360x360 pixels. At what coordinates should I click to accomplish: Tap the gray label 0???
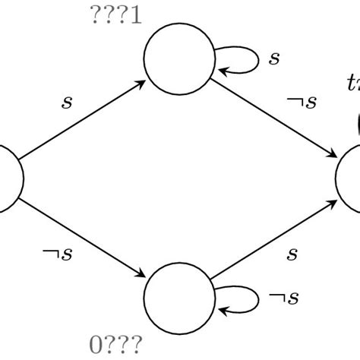tap(115, 346)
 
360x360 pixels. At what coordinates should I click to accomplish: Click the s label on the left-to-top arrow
tap(67, 101)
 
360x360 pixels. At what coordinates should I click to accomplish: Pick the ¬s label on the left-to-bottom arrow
tap(57, 255)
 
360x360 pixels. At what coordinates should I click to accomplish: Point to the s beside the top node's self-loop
tap(275, 58)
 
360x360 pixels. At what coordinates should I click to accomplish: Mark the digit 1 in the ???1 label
tap(136, 16)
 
